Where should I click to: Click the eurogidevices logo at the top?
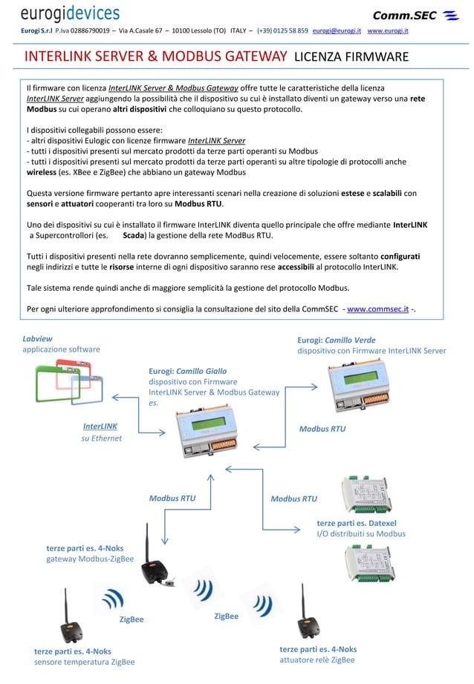(x=70, y=13)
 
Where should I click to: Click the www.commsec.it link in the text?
(x=377, y=308)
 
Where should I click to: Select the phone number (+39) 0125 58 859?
(x=282, y=32)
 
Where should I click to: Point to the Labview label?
(x=37, y=338)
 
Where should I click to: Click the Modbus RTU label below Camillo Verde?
(x=322, y=429)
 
